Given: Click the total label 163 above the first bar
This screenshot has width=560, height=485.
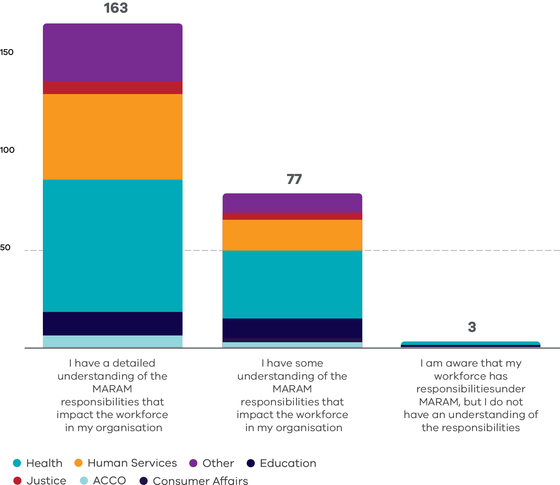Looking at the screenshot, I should pyautogui.click(x=116, y=8).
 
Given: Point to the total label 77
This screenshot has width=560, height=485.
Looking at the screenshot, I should pyautogui.click(x=294, y=179).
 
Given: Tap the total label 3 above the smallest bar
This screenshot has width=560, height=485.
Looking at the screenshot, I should pyautogui.click(x=472, y=327).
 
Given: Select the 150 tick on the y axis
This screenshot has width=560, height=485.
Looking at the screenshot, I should pyautogui.click(x=7, y=52).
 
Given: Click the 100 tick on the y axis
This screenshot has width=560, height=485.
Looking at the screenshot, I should pyautogui.click(x=7, y=150).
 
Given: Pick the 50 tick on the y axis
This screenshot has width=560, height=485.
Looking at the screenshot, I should pyautogui.click(x=5, y=247).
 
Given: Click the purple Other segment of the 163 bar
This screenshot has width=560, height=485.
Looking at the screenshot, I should pyautogui.click(x=113, y=52).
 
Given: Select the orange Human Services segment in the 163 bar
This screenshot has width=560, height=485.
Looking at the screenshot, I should pyautogui.click(x=113, y=137).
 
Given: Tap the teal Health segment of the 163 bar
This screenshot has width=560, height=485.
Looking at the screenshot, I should pyautogui.click(x=113, y=245).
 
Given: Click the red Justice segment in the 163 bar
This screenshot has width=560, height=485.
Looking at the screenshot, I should pyautogui.click(x=113, y=88).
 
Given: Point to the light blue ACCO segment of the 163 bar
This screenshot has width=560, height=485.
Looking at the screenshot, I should pyautogui.click(x=113, y=341).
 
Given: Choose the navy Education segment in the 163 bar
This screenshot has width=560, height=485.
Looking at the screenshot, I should pyautogui.click(x=113, y=323).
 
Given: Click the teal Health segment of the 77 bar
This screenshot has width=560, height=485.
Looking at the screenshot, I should pyautogui.click(x=292, y=284).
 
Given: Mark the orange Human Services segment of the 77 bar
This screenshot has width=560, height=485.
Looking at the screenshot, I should pyautogui.click(x=292, y=235).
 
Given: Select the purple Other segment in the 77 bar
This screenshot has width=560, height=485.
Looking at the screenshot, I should pyautogui.click(x=292, y=203).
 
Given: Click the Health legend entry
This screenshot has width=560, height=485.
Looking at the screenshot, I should pyautogui.click(x=44, y=463).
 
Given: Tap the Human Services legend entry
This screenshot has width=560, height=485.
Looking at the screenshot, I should pyautogui.click(x=132, y=463).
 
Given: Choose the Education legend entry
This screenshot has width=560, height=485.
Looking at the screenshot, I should pyautogui.click(x=288, y=463).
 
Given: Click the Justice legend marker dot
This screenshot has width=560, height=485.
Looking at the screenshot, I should pyautogui.click(x=17, y=480).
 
